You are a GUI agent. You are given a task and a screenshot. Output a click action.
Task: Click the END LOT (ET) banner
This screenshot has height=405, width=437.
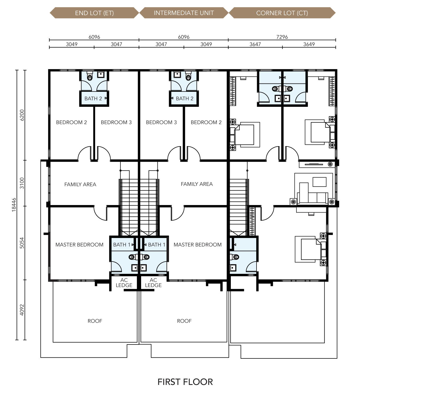94,13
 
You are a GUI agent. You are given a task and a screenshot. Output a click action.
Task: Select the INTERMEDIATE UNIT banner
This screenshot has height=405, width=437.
184,13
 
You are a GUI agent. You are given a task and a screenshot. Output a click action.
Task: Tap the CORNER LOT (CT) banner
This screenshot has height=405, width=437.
282,13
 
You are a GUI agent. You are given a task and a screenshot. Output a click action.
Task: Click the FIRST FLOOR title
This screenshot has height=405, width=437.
185,382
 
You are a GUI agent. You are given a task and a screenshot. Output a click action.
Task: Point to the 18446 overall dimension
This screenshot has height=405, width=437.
14,205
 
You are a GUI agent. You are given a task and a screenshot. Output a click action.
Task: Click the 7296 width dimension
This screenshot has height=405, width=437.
282,37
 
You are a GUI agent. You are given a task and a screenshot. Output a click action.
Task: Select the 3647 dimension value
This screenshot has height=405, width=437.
255,44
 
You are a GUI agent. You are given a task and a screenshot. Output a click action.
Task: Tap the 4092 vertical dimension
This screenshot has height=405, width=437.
22,310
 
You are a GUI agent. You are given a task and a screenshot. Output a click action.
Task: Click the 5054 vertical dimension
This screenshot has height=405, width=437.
22,243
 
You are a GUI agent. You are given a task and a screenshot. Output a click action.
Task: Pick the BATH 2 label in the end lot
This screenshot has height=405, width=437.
93,99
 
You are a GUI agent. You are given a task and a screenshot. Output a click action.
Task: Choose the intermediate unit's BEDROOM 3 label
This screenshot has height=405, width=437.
161,122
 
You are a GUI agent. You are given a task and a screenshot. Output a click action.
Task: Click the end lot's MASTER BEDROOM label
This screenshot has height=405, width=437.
79,245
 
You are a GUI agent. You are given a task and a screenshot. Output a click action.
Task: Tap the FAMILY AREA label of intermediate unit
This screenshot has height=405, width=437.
197,184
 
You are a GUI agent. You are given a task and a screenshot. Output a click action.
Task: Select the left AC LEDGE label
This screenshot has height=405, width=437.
124,283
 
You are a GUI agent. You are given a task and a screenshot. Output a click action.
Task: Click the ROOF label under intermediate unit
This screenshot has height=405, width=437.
184,321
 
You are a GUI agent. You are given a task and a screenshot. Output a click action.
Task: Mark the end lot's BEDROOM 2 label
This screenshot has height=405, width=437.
71,122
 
